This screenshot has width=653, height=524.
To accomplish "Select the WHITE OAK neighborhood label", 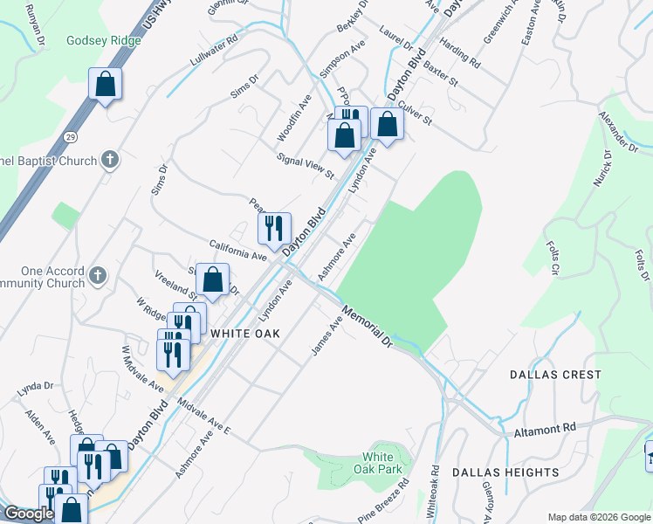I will [x=243, y=334].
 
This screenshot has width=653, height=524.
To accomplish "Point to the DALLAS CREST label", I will [x=555, y=375].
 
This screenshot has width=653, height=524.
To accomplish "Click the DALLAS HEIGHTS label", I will [x=505, y=472].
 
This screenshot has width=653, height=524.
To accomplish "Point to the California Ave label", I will [x=237, y=250].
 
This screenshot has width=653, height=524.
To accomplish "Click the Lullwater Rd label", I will [x=214, y=52].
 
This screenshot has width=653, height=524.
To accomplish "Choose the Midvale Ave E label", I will [x=203, y=417].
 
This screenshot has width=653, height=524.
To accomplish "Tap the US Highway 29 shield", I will [x=69, y=138].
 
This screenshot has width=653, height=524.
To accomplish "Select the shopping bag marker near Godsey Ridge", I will [x=105, y=85].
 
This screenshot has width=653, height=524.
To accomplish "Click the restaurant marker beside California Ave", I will [x=275, y=229].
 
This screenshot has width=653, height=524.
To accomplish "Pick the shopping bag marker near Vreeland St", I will [x=212, y=279].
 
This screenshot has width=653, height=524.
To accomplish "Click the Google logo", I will [x=29, y=514].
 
